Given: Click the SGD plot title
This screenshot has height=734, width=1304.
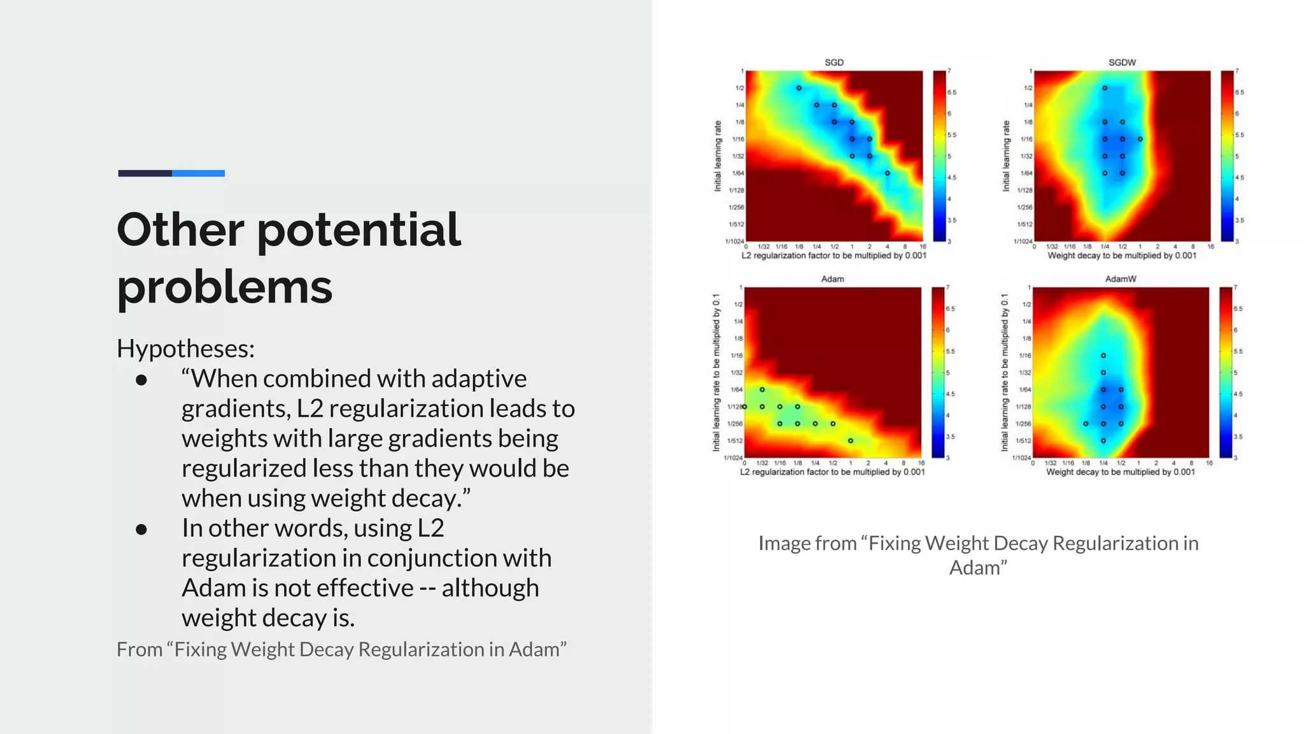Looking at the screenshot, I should click(x=833, y=62).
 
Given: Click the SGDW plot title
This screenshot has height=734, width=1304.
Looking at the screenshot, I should click(x=1122, y=62).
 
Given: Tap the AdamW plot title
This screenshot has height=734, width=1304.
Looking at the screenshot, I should click(x=1121, y=279).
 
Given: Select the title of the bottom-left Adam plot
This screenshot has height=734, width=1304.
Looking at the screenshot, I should click(x=832, y=279).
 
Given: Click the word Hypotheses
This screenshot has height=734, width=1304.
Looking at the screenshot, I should click(x=185, y=349).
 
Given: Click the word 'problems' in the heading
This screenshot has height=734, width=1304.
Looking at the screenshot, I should click(x=224, y=287).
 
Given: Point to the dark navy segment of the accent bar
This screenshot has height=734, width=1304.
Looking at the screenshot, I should click(x=145, y=173).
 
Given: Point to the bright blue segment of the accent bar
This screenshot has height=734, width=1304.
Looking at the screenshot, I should click(x=198, y=173).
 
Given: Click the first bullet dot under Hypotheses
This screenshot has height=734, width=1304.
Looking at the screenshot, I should click(x=141, y=380).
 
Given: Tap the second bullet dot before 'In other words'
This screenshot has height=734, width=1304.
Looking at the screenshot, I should click(x=141, y=529).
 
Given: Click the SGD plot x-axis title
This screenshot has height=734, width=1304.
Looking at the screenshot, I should click(x=833, y=255).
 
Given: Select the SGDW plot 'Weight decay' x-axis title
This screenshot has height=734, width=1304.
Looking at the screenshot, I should click(x=1122, y=255).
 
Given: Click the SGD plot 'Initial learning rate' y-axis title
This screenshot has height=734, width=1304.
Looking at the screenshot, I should click(x=718, y=156).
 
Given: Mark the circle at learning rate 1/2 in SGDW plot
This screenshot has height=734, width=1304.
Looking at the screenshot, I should click(x=1105, y=88).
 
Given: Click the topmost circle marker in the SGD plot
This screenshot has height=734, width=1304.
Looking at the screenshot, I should click(x=798, y=88).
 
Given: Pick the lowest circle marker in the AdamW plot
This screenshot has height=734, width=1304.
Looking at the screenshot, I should click(x=1103, y=440).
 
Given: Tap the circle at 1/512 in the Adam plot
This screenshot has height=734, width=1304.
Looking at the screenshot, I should click(x=851, y=440).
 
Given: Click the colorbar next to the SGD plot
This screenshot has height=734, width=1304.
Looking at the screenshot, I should click(x=939, y=156).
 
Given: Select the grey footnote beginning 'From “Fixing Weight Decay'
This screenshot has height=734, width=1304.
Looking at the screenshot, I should click(x=341, y=649).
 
